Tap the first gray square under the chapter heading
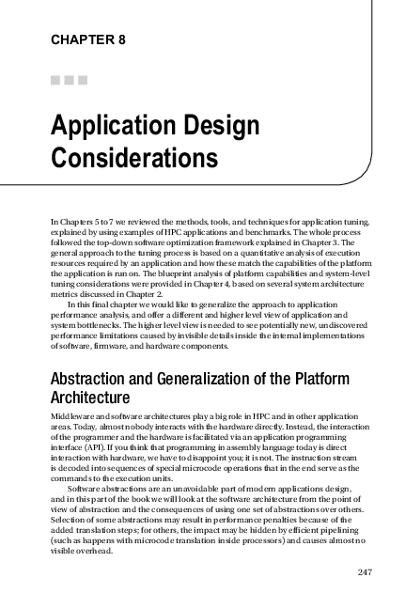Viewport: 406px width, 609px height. click(x=55, y=80)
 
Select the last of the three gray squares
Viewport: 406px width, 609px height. click(x=83, y=80)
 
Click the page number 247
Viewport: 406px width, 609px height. click(x=367, y=570)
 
